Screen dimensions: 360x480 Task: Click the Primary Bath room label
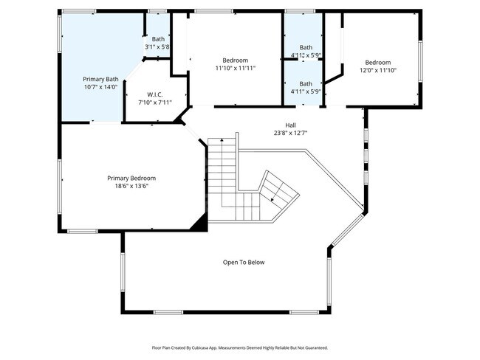(x=100, y=79)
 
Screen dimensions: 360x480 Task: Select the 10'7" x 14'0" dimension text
(x=100, y=86)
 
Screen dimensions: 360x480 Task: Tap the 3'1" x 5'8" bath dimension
(x=158, y=47)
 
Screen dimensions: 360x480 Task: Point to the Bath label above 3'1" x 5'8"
(x=158, y=39)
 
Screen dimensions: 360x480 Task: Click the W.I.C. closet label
(x=154, y=94)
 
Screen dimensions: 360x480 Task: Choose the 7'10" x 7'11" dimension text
(x=154, y=103)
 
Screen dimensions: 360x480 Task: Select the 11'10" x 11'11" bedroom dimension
(x=236, y=68)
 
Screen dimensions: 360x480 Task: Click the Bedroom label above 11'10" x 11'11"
(x=236, y=60)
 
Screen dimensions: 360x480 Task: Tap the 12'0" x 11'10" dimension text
(x=377, y=70)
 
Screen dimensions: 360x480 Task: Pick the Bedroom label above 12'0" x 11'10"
(x=377, y=62)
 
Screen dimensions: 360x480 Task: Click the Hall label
(x=291, y=125)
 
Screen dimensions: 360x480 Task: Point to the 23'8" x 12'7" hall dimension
(x=291, y=133)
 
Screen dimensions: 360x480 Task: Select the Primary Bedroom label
(x=131, y=178)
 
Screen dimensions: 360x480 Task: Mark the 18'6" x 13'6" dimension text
(x=131, y=186)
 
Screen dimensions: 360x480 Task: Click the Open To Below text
(x=244, y=262)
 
